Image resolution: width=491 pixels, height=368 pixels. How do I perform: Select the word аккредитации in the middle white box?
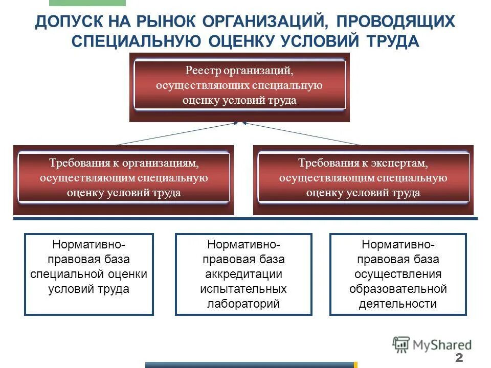coord(243,274)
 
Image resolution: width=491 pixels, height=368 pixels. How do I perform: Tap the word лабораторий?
coord(243,303)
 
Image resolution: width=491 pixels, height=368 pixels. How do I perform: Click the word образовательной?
coord(398,289)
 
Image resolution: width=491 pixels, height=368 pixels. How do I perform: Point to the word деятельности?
coord(398,304)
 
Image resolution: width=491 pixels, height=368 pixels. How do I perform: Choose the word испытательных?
coord(243,289)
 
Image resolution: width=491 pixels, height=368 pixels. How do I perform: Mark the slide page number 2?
coord(458,357)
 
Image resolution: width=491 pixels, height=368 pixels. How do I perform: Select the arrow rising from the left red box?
coord(174,134)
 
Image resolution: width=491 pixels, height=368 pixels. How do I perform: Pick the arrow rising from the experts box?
coord(302,134)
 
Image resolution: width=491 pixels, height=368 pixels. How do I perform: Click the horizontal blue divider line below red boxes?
coord(245,219)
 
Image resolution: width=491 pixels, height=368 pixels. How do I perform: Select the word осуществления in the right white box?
coord(398,274)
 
